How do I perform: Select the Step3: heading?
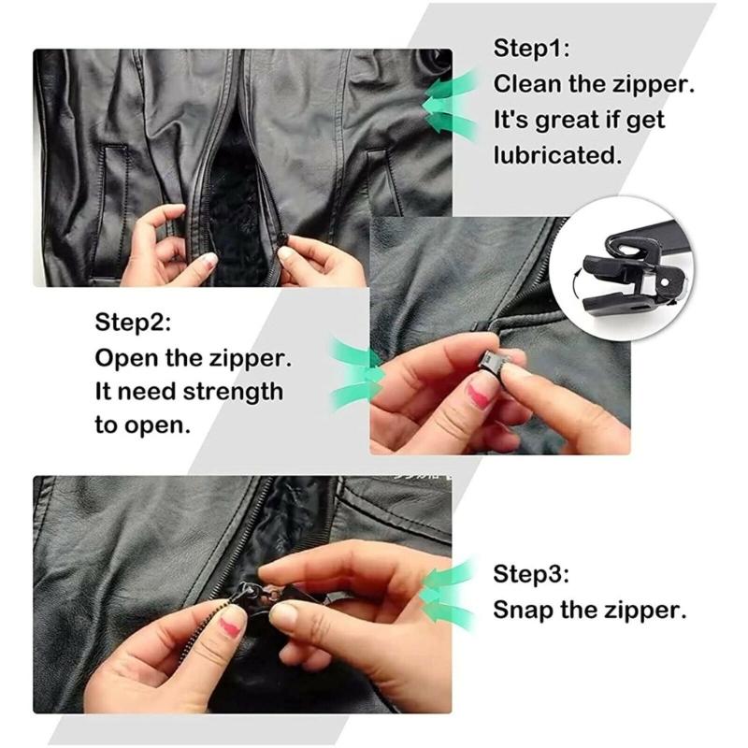pyautogui.click(x=531, y=573)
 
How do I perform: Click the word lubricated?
pyautogui.click(x=558, y=155)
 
